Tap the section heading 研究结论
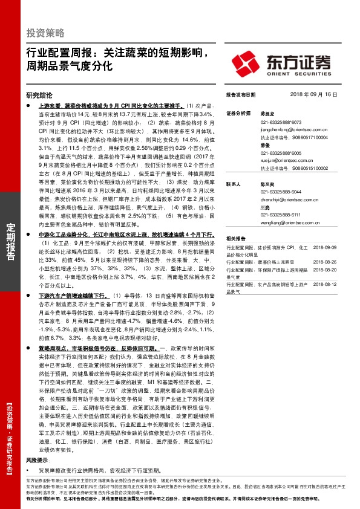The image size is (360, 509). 39,95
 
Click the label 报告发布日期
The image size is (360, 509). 240,95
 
